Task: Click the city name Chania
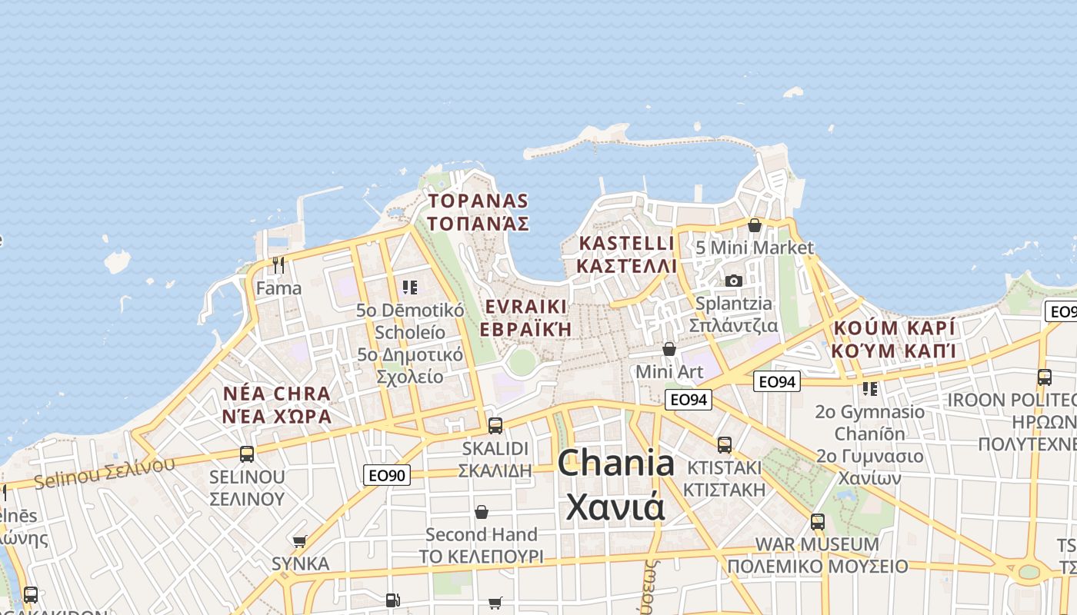click(615, 464)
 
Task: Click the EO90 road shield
click(387, 475)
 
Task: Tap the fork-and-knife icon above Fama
click(278, 265)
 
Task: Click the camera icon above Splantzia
click(734, 281)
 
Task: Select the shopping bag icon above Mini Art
click(669, 349)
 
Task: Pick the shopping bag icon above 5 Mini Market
click(755, 225)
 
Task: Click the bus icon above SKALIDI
click(495, 425)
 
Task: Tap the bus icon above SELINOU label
click(246, 454)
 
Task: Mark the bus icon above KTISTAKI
click(724, 444)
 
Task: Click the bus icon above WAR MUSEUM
click(817, 521)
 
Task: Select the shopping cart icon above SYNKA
click(300, 541)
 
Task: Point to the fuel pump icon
click(392, 599)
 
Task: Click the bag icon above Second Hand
click(482, 511)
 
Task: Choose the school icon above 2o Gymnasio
click(870, 388)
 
